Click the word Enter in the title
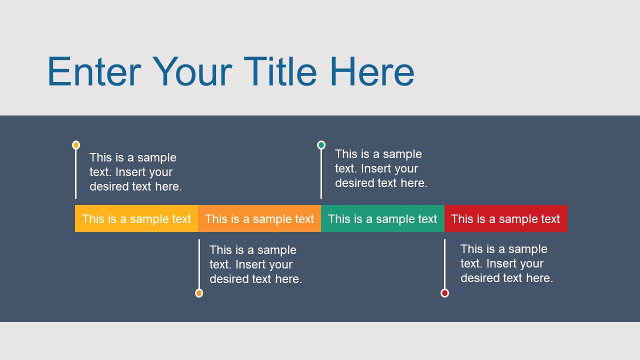pos(94,72)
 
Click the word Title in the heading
pos(280,72)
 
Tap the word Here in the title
pos(372,72)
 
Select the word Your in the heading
pos(192,72)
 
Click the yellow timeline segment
pos(136,219)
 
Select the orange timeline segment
pos(259,219)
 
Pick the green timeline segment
pos(382,219)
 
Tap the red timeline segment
pos(505,219)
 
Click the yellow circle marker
pos(76,145)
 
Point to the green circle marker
pos(321,145)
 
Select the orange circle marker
pos(199,293)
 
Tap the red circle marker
pos(444,293)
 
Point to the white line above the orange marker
pos(199,263)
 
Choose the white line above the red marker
pos(444,263)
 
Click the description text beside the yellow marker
pos(135,172)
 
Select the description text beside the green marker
pos(381,168)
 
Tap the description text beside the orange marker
pos(255,264)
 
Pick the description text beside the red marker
pos(506,263)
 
